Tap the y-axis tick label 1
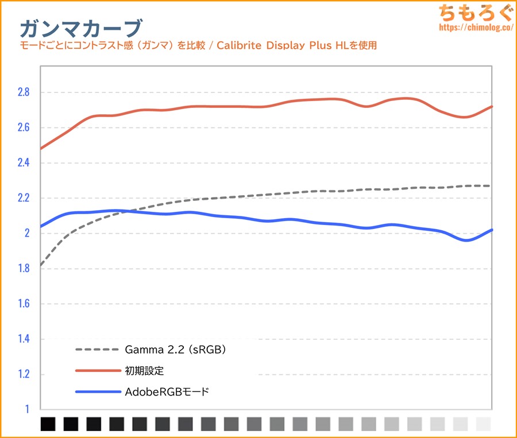pos(26,410)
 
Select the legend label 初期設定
pos(144,371)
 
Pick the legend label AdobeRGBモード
pos(167,393)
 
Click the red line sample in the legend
pos(96,371)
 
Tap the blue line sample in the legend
pos(96,393)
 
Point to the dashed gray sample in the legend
pos(96,350)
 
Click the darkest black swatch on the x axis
pos(48,424)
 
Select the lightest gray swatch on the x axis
pos(484,424)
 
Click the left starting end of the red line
pos(41,149)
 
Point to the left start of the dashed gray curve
pos(41,265)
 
